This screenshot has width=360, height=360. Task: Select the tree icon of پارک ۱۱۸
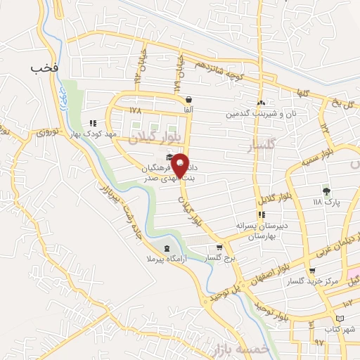pyautogui.click(x=326, y=191)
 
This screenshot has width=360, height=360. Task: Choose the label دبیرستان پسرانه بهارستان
pyautogui.click(x=262, y=231)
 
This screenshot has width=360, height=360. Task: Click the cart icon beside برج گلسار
pyautogui.click(x=220, y=247)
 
